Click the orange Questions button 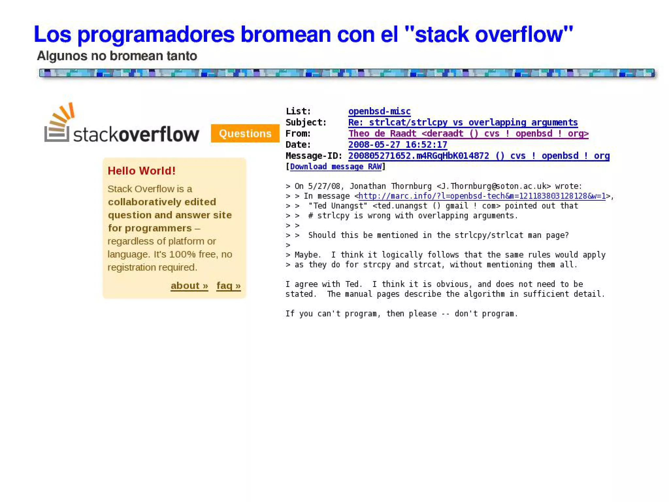pyautogui.click(x=245, y=133)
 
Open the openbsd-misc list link pyautogui.click(x=379, y=111)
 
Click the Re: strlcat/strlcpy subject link pyautogui.click(x=463, y=123)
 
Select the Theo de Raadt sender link pyautogui.click(x=468, y=134)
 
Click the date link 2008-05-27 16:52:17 pyautogui.click(x=398, y=145)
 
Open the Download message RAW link pyautogui.click(x=335, y=167)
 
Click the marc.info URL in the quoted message pyautogui.click(x=482, y=196)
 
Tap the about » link pyautogui.click(x=189, y=286)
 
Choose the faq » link pyautogui.click(x=228, y=286)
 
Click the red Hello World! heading pyautogui.click(x=141, y=171)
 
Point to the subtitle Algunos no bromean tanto pyautogui.click(x=117, y=56)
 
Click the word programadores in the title pyautogui.click(x=156, y=34)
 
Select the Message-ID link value pyautogui.click(x=479, y=156)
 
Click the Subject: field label pyautogui.click(x=306, y=123)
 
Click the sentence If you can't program pyautogui.click(x=401, y=314)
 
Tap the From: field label pyautogui.click(x=298, y=134)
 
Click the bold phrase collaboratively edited pyautogui.click(x=162, y=202)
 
